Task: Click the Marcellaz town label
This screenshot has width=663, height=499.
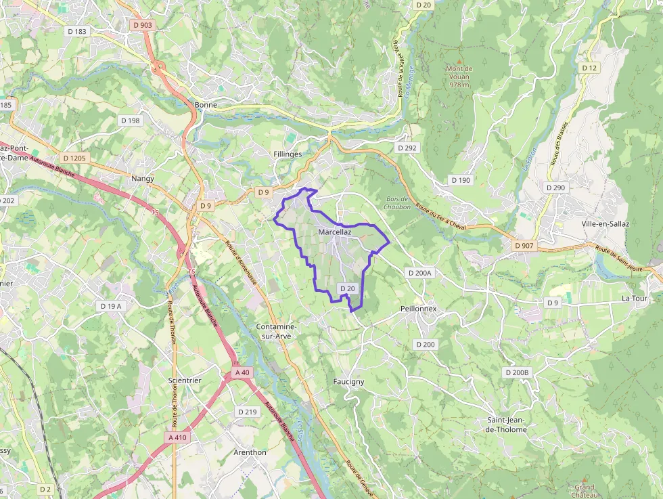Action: click(x=335, y=232)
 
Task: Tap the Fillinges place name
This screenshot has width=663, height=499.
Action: click(x=288, y=154)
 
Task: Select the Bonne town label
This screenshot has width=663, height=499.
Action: click(x=206, y=105)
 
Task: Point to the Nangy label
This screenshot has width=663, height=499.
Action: click(x=143, y=179)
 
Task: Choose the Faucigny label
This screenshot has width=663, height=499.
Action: click(x=348, y=381)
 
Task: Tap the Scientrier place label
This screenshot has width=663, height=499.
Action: click(x=185, y=381)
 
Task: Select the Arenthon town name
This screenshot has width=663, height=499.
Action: click(x=250, y=452)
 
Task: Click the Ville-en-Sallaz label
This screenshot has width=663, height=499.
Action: click(x=605, y=223)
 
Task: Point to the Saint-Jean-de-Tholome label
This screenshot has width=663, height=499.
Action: click(x=506, y=425)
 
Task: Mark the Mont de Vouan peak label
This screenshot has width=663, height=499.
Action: click(x=459, y=72)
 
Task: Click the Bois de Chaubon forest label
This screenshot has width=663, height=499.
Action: click(x=397, y=202)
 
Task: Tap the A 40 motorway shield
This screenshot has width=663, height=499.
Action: click(x=243, y=372)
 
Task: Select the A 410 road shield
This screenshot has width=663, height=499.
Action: click(x=177, y=437)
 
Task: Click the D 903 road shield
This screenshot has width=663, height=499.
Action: click(x=143, y=25)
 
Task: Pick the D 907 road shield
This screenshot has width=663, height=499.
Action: click(x=524, y=245)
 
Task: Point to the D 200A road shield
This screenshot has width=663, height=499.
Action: click(x=420, y=272)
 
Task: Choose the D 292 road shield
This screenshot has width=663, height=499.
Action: click(x=407, y=147)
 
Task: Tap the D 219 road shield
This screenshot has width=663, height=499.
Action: click(x=248, y=412)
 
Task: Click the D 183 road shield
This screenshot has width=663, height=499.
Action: click(x=77, y=31)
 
